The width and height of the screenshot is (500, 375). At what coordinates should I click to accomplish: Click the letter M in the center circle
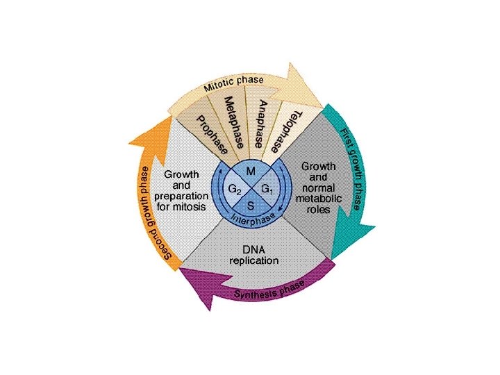250,171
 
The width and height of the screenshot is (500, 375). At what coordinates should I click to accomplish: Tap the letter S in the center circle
250,206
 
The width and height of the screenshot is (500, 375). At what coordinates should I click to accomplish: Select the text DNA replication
253,255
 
